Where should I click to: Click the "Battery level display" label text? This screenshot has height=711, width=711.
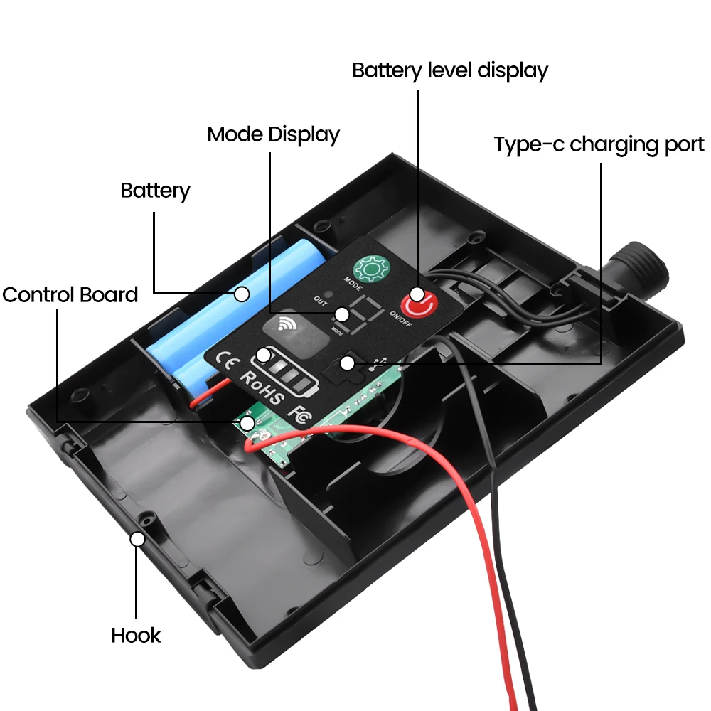(x=450, y=71)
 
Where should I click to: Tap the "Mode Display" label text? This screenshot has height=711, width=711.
(x=273, y=134)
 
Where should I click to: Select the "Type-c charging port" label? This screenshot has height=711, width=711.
(x=599, y=144)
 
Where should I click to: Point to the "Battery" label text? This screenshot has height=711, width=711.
(x=155, y=191)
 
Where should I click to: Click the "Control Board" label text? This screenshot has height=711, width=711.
(x=70, y=294)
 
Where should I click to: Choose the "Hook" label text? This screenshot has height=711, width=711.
(x=136, y=635)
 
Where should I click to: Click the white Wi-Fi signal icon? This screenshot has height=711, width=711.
(x=288, y=325)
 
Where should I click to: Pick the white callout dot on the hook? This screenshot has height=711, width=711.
(x=138, y=539)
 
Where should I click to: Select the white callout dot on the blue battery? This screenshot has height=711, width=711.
(x=242, y=292)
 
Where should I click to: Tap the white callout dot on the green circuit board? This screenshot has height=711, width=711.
(x=247, y=424)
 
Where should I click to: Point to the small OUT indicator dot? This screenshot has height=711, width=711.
(x=328, y=294)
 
